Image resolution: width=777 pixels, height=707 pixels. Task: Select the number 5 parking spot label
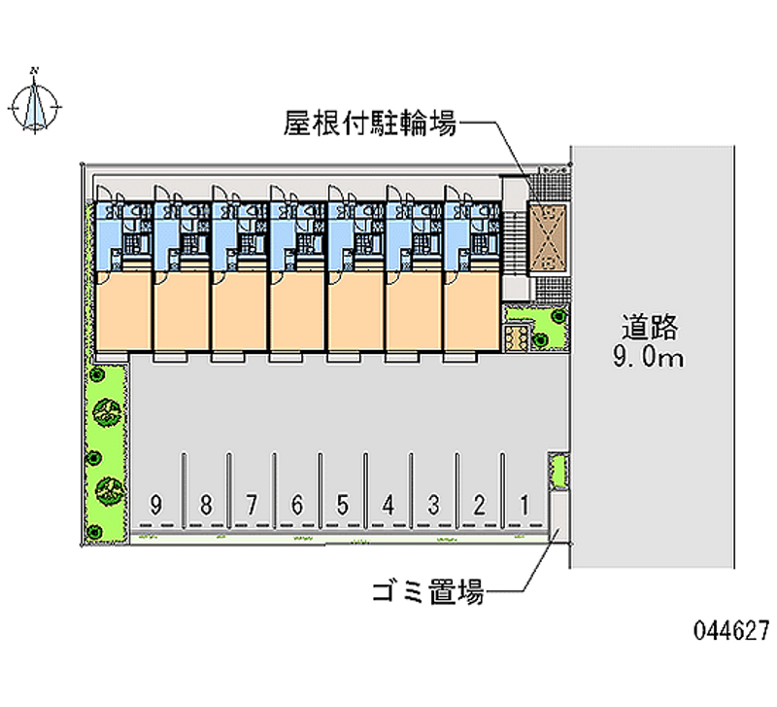click(343, 505)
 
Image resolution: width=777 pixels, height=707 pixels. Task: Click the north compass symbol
click(35, 104)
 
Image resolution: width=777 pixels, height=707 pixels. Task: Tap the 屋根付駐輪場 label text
click(370, 124)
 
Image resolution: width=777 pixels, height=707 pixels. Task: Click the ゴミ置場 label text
click(428, 591)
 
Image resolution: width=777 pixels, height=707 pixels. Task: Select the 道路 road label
click(649, 327)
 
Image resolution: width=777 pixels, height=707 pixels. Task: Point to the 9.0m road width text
click(648, 356)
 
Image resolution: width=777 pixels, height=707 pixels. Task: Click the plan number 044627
click(731, 630)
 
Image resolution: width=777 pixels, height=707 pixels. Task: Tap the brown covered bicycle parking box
click(548, 238)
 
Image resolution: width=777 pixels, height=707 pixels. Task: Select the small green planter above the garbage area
click(558, 470)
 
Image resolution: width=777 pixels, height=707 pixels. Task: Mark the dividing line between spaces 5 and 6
click(321, 490)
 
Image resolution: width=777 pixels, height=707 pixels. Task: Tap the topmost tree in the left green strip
click(95, 374)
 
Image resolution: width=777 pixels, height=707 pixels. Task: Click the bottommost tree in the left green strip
click(93, 532)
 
